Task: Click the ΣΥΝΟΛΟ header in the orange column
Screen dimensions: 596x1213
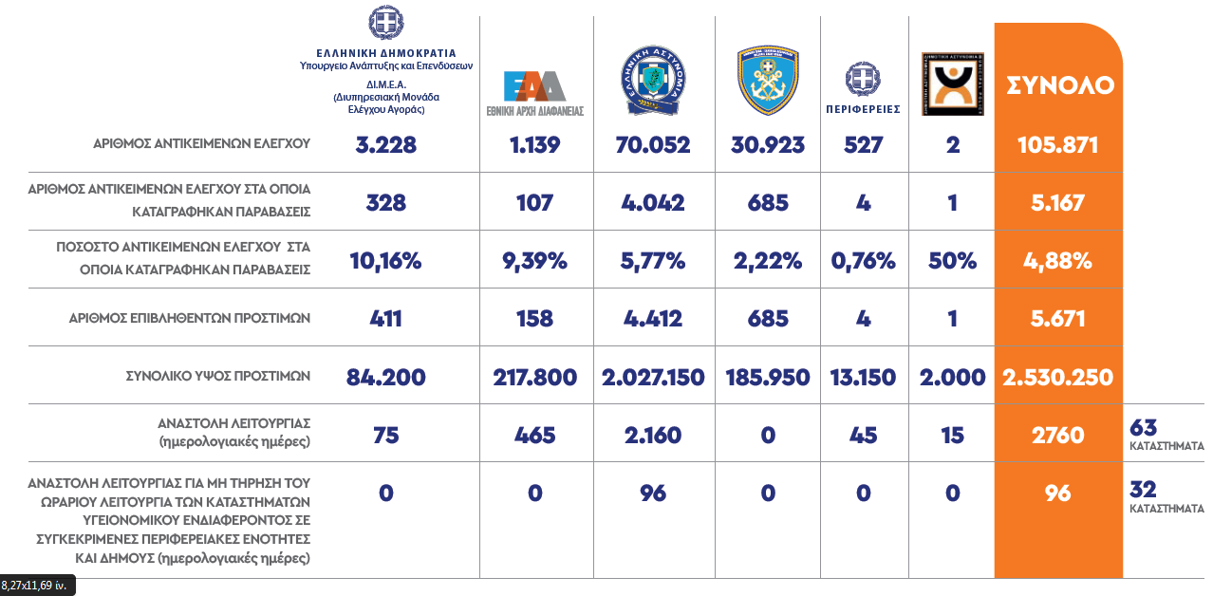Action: point(1059,84)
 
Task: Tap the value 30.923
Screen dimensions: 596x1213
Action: point(768,145)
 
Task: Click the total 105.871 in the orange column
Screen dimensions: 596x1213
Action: point(1057,145)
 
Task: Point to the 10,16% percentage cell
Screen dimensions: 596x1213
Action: point(385,261)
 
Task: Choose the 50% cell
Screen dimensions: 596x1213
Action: point(953,261)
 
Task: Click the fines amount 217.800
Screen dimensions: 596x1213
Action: point(535,377)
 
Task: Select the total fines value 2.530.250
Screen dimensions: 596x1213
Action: point(1057,377)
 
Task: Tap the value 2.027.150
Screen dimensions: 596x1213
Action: point(653,377)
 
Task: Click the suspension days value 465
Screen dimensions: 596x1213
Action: point(535,435)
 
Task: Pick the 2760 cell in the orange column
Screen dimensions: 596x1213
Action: point(1057,435)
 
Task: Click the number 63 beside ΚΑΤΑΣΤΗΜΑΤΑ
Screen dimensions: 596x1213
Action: point(1145,426)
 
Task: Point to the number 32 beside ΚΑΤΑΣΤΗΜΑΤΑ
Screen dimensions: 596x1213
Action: point(1143,489)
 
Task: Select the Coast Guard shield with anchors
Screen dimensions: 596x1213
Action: point(768,82)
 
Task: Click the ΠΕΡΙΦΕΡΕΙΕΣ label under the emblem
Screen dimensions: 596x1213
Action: point(863,109)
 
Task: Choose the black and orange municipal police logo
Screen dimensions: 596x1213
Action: point(952,84)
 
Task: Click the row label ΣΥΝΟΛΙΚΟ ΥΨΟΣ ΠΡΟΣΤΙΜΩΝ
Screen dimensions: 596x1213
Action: point(218,376)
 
